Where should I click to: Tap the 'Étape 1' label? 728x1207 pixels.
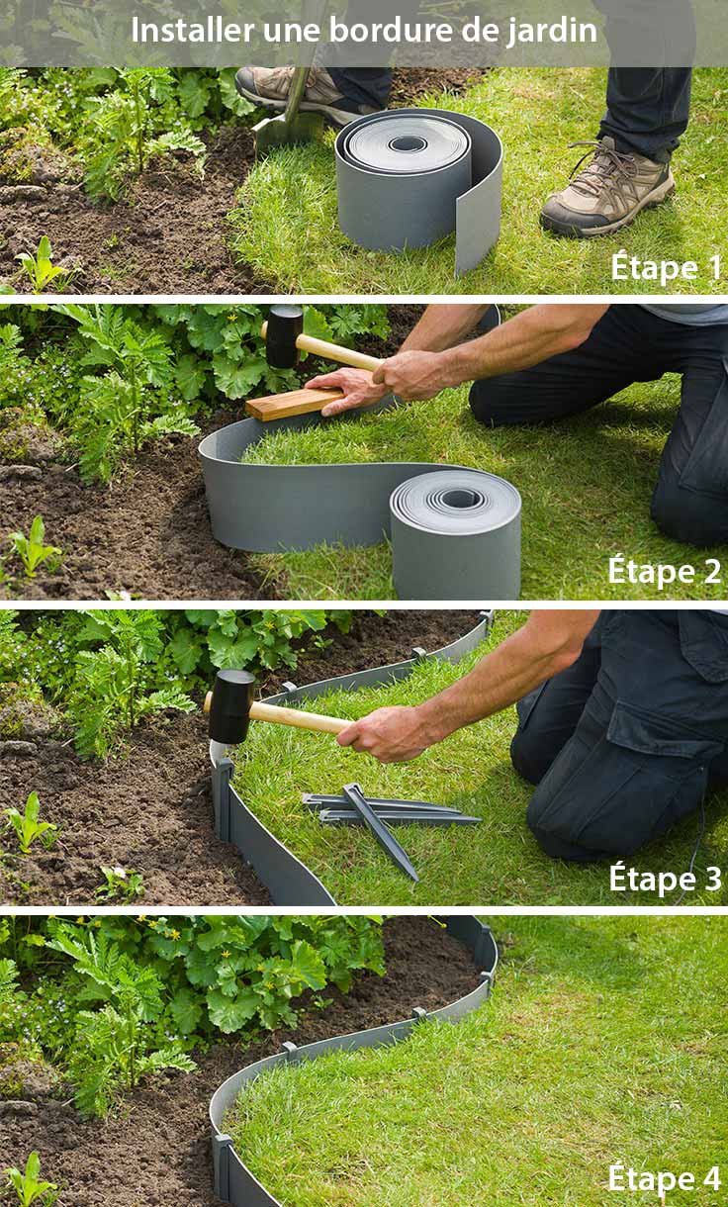pos(666,267)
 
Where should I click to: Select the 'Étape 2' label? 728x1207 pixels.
pos(664,571)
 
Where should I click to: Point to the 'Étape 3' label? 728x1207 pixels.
pos(665,878)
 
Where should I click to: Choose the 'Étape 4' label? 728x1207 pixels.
pos(664,1178)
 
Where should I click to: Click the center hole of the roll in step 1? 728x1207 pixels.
pos(408,143)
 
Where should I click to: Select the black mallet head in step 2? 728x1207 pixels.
pos(284,336)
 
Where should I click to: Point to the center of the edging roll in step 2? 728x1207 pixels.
pos(459,498)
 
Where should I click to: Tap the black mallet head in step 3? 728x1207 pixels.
pos(231,705)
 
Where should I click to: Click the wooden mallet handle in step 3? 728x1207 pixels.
pos(297,716)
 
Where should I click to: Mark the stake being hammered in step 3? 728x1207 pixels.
pos(222,791)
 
